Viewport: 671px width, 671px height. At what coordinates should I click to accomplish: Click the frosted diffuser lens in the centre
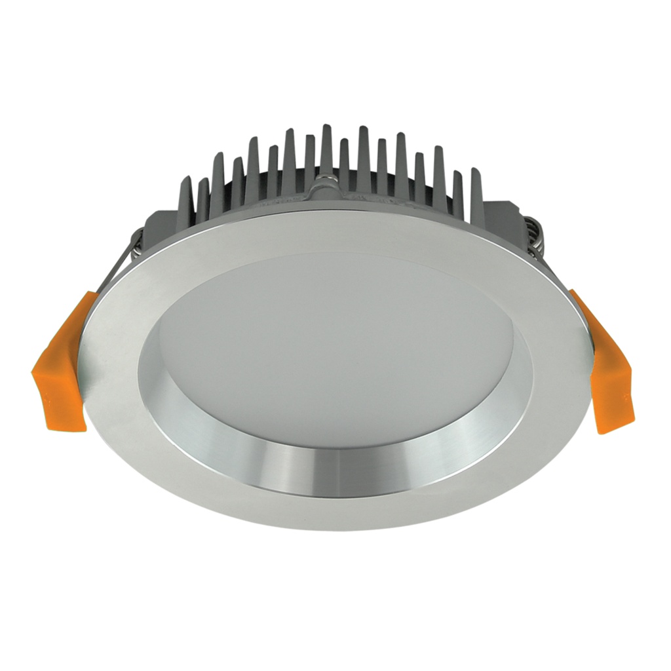pos(334,341)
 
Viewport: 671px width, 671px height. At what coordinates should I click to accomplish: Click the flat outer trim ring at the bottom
pos(328,508)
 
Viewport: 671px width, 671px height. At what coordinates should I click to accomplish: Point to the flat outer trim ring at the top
pos(328,229)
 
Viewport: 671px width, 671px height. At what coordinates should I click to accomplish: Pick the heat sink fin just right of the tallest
pos(344,161)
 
